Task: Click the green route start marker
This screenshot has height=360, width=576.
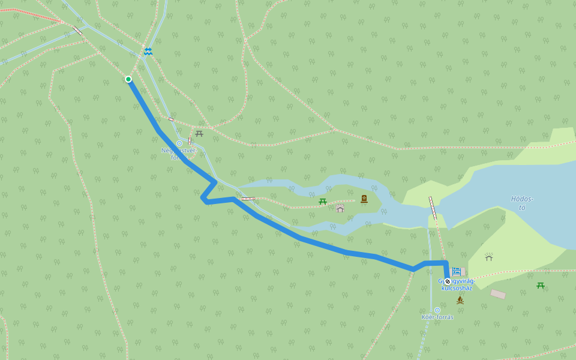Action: (128, 79)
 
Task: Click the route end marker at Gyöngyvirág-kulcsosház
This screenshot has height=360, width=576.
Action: (448, 281)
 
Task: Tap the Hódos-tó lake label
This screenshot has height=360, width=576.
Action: (522, 203)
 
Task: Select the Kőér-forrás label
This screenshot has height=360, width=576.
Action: (437, 317)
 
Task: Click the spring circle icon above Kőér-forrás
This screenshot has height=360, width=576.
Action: (437, 310)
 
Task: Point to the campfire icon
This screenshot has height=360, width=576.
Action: (460, 299)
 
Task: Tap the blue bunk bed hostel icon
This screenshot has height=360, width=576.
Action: (456, 271)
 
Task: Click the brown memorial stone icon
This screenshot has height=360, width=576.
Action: (364, 199)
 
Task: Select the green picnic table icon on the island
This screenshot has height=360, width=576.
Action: (323, 202)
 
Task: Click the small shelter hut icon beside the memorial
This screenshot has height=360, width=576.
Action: (340, 208)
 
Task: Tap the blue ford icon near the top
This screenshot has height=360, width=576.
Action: (148, 52)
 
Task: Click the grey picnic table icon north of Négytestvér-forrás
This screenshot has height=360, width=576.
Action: (199, 133)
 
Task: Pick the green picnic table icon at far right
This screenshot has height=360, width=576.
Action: (541, 286)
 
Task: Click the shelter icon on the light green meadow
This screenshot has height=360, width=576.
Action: (489, 257)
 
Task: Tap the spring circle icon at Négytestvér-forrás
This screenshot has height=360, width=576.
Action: (179, 143)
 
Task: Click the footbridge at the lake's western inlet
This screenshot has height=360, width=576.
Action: (433, 208)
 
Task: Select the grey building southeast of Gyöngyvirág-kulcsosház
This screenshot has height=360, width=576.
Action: (498, 294)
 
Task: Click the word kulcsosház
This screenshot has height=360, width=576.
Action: (457, 288)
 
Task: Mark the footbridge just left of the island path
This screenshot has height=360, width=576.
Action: (248, 198)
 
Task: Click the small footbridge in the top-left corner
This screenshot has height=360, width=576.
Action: (77, 31)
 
